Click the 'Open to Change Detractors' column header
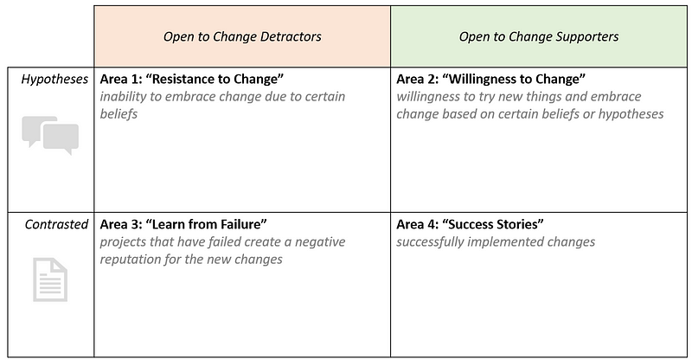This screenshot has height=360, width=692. [x=242, y=36]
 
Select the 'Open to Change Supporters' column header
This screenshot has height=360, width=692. [x=539, y=36]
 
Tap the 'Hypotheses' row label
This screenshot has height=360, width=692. [x=54, y=79]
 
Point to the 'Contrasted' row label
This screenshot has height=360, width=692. [x=56, y=224]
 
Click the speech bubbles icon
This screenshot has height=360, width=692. [x=50, y=135]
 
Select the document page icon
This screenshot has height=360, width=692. [x=50, y=280]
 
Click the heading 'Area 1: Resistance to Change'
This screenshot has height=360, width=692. [x=191, y=79]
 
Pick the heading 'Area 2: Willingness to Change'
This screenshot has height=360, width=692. [x=490, y=79]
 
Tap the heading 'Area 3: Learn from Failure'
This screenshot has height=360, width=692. [x=183, y=224]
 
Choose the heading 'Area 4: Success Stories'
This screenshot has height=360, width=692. [x=470, y=224]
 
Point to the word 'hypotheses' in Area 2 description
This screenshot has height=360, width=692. [x=631, y=114]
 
